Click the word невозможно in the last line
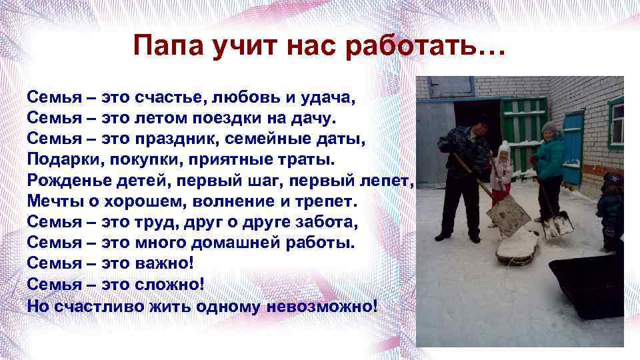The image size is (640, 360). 321,305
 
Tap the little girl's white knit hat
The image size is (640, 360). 504,147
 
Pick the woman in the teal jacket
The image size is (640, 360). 549,163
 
